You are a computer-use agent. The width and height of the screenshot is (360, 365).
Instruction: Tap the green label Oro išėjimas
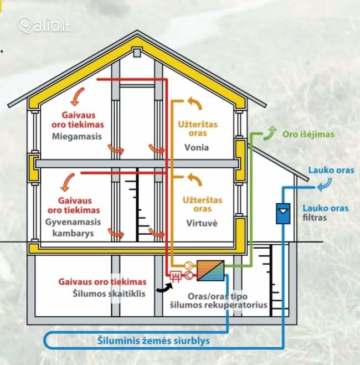pos(308,134)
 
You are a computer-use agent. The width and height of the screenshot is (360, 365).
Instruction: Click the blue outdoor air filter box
pos(282,212)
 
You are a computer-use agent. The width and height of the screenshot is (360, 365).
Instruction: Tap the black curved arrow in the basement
pos(164,286)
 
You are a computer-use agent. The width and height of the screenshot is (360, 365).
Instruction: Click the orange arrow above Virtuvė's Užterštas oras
pos(194,179)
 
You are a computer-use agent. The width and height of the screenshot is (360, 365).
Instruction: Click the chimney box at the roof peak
pos(137,53)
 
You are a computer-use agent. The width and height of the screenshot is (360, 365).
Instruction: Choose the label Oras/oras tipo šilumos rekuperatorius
pos(217,300)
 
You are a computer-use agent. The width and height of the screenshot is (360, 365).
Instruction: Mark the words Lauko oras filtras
pos(325,213)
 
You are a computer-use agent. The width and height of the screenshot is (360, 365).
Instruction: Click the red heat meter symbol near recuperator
pos(177,275)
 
